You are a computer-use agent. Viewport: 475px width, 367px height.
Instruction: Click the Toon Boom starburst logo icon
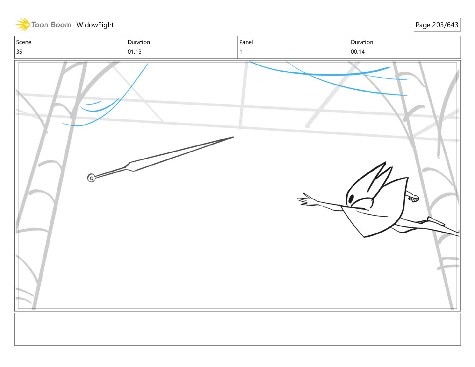[22, 24]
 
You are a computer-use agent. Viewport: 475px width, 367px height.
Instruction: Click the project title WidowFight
[95, 25]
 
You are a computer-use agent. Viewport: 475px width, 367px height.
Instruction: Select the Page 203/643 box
[437, 25]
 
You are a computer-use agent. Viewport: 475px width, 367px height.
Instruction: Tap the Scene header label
[24, 42]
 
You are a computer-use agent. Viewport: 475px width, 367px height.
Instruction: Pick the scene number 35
[19, 52]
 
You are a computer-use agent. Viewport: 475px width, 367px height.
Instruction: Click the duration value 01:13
[135, 52]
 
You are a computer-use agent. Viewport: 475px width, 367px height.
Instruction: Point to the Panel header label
[246, 42]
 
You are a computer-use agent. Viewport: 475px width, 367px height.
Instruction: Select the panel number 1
[241, 52]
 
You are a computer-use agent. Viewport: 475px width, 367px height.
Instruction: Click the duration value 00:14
[358, 52]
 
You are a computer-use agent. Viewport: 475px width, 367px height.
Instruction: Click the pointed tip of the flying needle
[232, 137]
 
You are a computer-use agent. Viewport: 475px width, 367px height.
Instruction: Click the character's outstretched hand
[305, 200]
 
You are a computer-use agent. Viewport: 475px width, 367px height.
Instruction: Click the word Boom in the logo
[61, 25]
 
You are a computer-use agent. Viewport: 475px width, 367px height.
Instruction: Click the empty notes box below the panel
[237, 329]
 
